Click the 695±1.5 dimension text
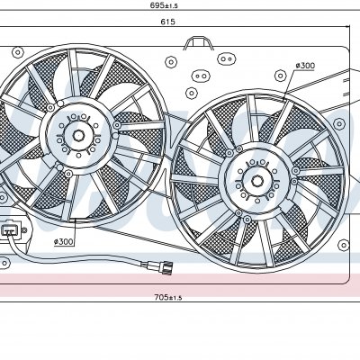tap(165, 5)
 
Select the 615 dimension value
tap(167, 22)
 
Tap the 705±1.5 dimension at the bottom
tap(168, 297)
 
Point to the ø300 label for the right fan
tap(305, 66)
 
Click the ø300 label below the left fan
tap(64, 241)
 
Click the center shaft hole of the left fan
tap(78, 136)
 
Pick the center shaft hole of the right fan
tap(257, 181)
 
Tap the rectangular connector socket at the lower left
tap(10, 230)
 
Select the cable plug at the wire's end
tap(166, 266)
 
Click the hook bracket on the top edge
tap(198, 42)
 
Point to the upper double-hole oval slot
tap(227, 58)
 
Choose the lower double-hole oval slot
tap(201, 76)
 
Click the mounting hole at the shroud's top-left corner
tap(18, 52)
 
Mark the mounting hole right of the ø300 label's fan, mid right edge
tap(338, 123)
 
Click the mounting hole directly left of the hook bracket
tap(171, 62)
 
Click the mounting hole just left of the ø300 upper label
tap(280, 75)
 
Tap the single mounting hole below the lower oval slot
tap(191, 93)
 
